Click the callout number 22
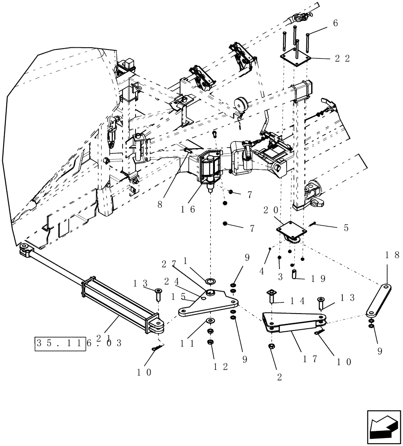point(343,58)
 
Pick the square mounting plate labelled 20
point(291,231)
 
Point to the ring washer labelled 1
point(210,281)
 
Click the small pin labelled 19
point(295,273)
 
